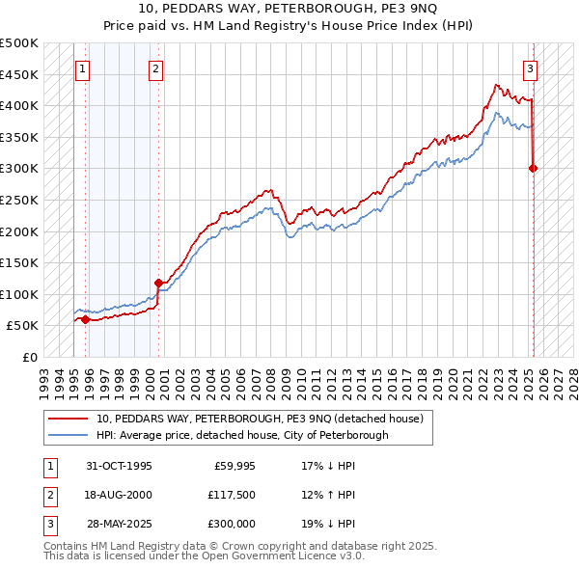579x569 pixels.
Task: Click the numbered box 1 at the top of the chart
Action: (x=82, y=68)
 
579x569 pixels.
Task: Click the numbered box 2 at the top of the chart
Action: (x=155, y=68)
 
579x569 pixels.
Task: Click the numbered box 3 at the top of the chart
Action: (x=530, y=68)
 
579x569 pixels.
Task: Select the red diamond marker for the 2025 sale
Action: (x=534, y=168)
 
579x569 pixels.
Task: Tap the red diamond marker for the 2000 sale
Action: (x=158, y=283)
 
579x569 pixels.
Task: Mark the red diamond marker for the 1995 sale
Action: (x=85, y=319)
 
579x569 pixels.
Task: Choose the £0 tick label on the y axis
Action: (x=31, y=357)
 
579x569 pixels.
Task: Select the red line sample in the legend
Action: (x=69, y=420)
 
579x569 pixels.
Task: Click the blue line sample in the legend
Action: (x=69, y=435)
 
